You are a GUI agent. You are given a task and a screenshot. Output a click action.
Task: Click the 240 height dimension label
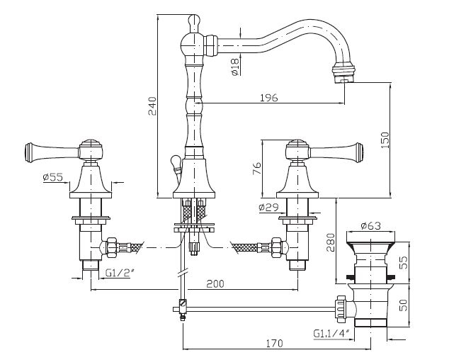pos(152,106)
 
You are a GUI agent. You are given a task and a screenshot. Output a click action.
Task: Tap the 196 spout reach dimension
pos(268,98)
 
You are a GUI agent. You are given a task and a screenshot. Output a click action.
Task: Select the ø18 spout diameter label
pos(234,67)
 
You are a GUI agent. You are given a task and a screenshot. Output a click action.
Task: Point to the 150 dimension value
pos(385,140)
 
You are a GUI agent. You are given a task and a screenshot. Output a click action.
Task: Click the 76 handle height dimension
pos(257,169)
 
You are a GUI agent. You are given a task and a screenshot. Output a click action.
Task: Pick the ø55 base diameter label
pos(53,177)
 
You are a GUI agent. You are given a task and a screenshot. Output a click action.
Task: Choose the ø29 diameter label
pos(268,207)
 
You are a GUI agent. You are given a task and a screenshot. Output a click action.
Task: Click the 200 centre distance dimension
pos(215,283)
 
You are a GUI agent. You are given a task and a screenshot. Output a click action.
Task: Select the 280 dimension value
pos(331,242)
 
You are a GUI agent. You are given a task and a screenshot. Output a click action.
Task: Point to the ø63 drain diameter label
pos(371,226)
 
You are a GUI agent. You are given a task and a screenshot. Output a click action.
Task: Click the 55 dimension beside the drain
pos(403,262)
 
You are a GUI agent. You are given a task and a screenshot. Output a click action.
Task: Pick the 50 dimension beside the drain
pos(403,305)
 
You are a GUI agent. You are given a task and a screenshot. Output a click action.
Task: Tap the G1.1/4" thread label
pos(331,333)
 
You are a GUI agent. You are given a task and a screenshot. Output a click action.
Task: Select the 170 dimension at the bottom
pos(274,343)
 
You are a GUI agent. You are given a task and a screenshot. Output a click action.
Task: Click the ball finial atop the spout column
pos(194,21)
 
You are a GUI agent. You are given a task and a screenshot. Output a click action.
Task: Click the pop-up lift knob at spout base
pos(175,161)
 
